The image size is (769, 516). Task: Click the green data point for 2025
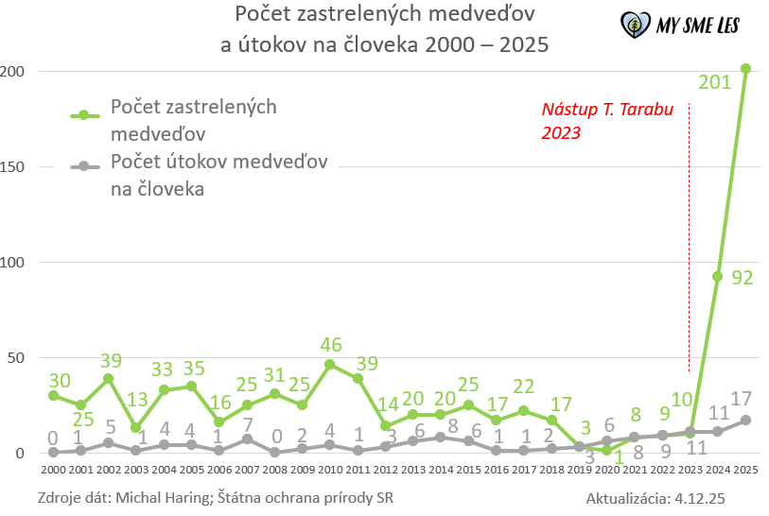point(745,68)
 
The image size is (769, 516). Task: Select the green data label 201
point(714,82)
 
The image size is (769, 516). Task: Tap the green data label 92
point(742,278)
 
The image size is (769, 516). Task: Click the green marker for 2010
point(329,364)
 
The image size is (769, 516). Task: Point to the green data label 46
point(330,344)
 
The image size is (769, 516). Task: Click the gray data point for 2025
point(745,420)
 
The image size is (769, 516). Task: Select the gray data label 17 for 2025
point(743,398)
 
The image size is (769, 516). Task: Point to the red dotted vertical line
point(690,236)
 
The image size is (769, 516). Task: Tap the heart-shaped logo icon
point(634,24)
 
